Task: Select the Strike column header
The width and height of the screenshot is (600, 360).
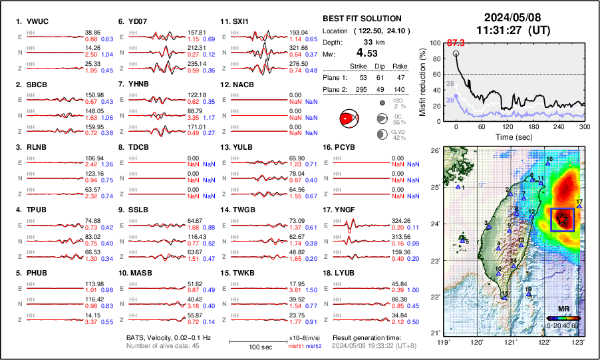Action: pyautogui.click(x=359, y=67)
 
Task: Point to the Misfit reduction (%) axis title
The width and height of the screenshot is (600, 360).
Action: pyautogui.click(x=422, y=82)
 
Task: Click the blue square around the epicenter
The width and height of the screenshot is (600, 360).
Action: pyautogui.click(x=562, y=220)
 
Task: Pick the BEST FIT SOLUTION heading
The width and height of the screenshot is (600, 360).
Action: pyautogui.click(x=362, y=19)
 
